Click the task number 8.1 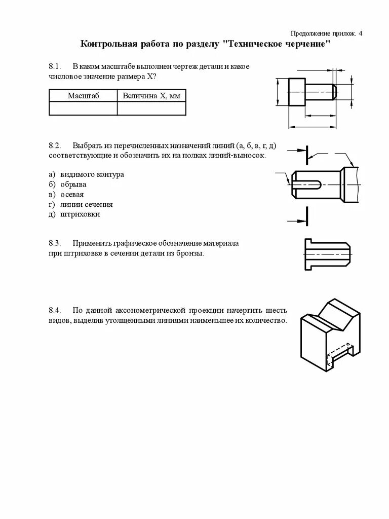(55, 67)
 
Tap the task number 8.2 (55, 145)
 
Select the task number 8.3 (55, 243)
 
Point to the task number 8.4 (55, 311)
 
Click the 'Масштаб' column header (83, 95)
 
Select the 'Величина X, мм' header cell (151, 95)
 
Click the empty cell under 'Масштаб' (83, 108)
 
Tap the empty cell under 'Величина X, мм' (151, 108)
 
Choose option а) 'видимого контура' (91, 174)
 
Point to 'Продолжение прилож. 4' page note (327, 33)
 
